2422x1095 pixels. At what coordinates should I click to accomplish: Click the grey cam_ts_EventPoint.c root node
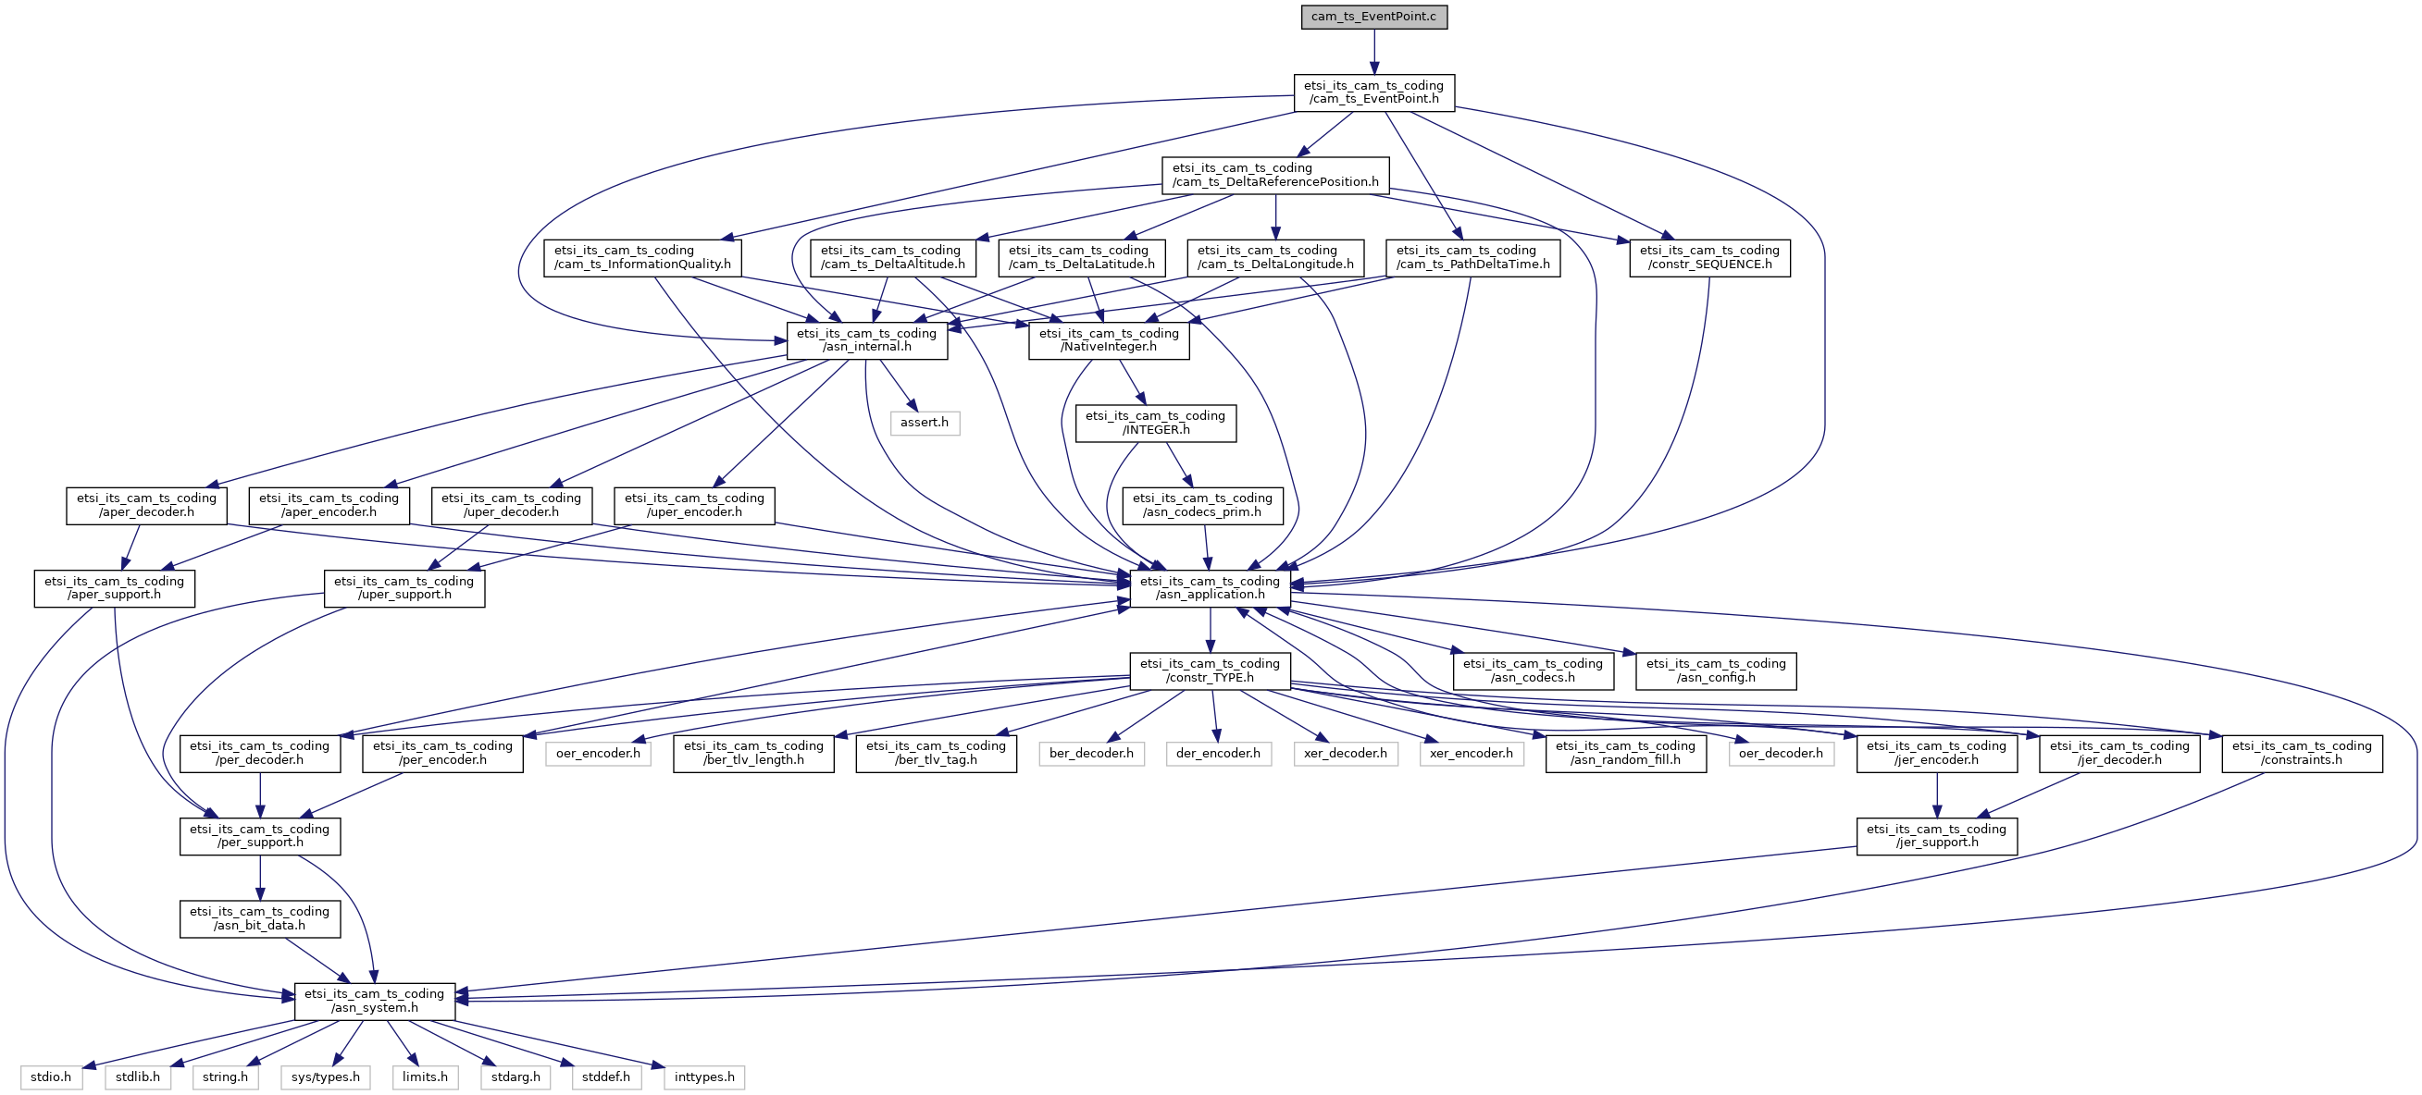(x=1373, y=17)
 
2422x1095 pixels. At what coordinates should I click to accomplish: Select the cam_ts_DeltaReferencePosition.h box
(x=1275, y=175)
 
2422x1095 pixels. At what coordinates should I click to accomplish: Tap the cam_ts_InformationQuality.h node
(x=642, y=257)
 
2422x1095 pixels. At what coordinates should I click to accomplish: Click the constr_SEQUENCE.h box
(x=1709, y=257)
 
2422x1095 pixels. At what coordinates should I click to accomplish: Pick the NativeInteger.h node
(x=1109, y=340)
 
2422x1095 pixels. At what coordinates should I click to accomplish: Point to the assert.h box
(x=925, y=423)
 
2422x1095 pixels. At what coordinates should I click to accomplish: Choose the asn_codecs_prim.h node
(x=1201, y=506)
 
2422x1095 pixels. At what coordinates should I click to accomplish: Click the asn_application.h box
(x=1210, y=588)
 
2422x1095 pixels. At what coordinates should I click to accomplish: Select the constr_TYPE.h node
(x=1210, y=671)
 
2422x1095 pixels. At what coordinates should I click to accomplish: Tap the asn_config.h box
(x=1716, y=671)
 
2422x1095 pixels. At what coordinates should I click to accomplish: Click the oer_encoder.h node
(x=598, y=754)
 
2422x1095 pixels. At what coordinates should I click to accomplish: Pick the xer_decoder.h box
(x=1346, y=754)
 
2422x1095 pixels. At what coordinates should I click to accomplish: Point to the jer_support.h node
(x=1937, y=837)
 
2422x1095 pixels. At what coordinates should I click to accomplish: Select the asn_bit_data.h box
(x=259, y=919)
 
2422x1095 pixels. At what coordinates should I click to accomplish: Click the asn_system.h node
(x=374, y=1001)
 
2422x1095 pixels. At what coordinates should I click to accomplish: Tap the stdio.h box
(x=51, y=1077)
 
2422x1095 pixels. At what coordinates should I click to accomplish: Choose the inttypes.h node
(x=704, y=1077)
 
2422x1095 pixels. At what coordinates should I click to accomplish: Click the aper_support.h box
(x=115, y=588)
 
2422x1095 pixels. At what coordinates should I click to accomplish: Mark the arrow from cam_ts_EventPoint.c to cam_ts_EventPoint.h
(x=1373, y=52)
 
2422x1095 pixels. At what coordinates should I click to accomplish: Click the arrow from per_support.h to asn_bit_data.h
(x=259, y=878)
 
